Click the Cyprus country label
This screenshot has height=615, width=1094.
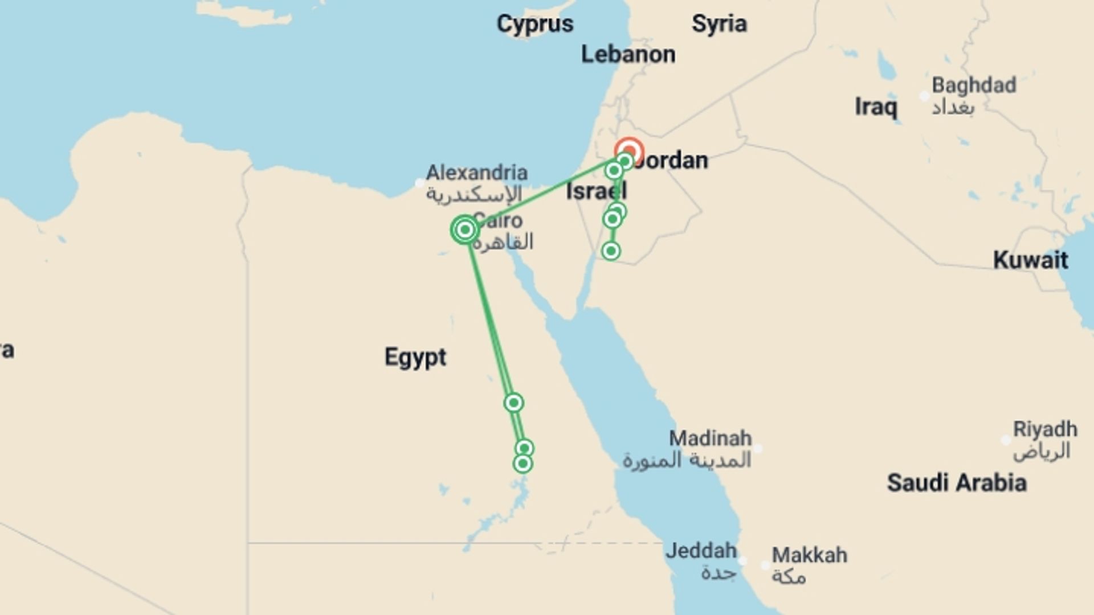click(x=534, y=24)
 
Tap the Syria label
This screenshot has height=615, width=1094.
click(x=719, y=24)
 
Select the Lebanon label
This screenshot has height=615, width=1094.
click(x=628, y=55)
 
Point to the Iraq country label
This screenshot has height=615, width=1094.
click(x=876, y=107)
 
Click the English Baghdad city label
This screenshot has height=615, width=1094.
click(x=974, y=85)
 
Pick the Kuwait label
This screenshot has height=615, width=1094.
click(x=1030, y=260)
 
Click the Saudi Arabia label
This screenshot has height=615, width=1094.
click(x=957, y=483)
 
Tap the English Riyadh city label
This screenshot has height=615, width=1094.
click(x=1045, y=429)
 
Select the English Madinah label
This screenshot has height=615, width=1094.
click(x=710, y=438)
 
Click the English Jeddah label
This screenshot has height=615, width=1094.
click(x=701, y=551)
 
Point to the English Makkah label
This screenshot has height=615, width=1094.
click(x=809, y=555)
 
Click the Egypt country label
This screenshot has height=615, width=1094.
click(x=415, y=358)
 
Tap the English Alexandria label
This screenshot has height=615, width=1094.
click(x=477, y=173)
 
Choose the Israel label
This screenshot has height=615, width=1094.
click(x=596, y=191)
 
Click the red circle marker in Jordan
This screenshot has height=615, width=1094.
click(x=630, y=151)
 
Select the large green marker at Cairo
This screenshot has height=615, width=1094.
click(x=465, y=229)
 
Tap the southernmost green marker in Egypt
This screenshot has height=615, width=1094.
click(x=522, y=464)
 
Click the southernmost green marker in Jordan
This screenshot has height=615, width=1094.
click(x=611, y=251)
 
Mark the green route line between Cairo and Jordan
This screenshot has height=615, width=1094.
click(x=541, y=194)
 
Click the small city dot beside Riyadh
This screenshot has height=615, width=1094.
click(x=1006, y=440)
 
